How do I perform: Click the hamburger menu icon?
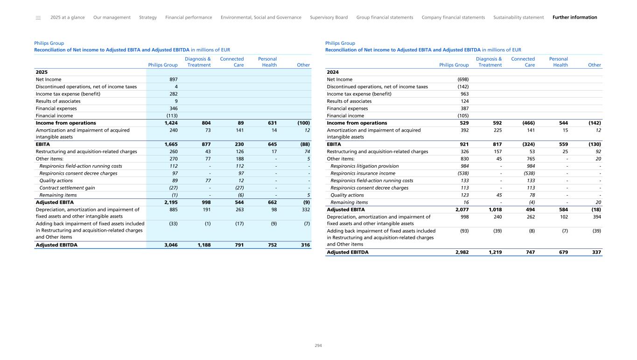click(38, 18)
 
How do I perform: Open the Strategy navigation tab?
click(148, 17)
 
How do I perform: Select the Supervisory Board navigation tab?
click(329, 17)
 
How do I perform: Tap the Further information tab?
click(574, 17)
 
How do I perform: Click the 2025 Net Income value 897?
click(174, 79)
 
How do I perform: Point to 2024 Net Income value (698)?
click(463, 79)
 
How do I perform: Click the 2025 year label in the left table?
click(42, 72)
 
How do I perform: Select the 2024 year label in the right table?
click(333, 72)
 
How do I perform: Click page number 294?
click(318, 346)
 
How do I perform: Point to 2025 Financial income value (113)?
click(172, 116)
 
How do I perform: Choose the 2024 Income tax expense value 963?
click(464, 94)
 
